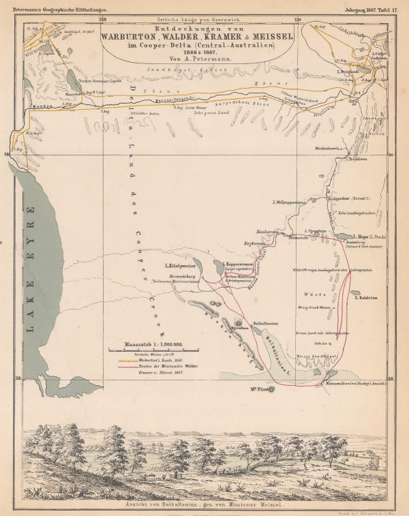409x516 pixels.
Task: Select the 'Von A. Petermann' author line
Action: (204, 61)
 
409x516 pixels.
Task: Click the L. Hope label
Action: (371, 237)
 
